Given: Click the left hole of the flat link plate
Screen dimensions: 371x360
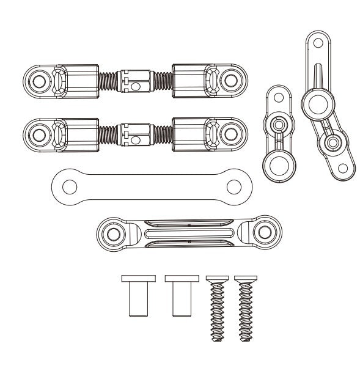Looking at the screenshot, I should (x=65, y=182).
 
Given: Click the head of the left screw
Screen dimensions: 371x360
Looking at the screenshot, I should (x=218, y=279).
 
